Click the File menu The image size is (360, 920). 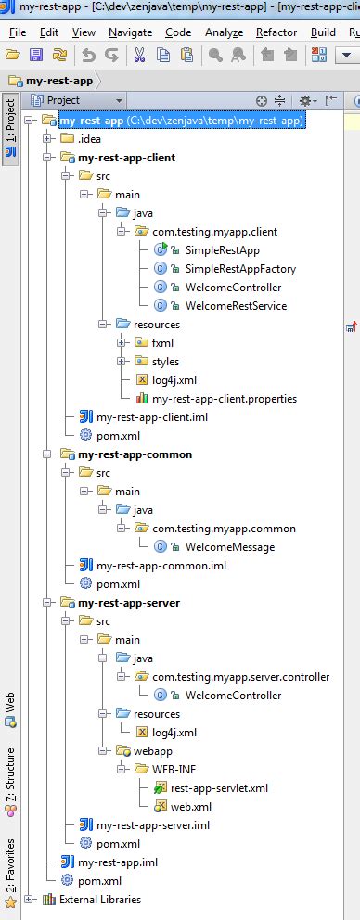(x=17, y=32)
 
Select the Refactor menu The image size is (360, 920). (x=276, y=32)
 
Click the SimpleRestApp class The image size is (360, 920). (x=222, y=250)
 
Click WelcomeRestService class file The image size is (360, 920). (x=236, y=306)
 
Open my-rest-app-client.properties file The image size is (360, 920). (x=225, y=399)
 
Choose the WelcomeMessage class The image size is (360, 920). (x=229, y=547)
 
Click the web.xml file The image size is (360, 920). (x=192, y=807)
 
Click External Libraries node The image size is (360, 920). (x=99, y=900)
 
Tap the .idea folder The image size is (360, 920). (x=90, y=139)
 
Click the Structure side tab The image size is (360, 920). (x=10, y=774)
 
